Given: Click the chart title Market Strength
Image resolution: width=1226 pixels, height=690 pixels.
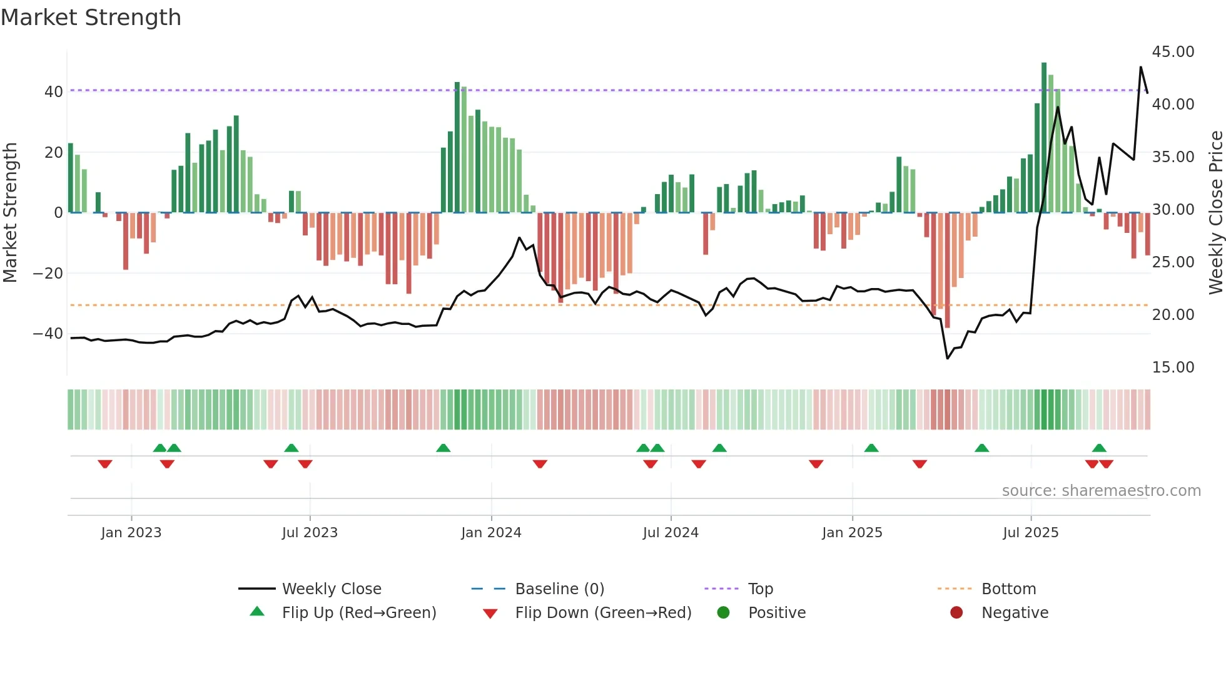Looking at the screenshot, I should click(91, 18).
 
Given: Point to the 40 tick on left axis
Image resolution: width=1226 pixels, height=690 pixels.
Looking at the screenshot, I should click(53, 92).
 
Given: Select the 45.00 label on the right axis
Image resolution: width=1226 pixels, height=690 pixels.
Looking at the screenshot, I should click(1173, 52).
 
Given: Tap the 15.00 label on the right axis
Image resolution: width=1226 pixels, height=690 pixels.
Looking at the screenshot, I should click(1173, 368).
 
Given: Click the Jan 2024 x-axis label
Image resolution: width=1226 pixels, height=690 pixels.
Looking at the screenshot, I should click(491, 533).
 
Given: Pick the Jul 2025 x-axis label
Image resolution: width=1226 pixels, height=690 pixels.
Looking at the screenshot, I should click(1030, 533).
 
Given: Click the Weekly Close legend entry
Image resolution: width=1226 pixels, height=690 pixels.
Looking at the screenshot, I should click(331, 589).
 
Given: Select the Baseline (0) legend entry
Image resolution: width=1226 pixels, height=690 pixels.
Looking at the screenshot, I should click(559, 589).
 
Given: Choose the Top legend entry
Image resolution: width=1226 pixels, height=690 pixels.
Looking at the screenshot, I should click(760, 589).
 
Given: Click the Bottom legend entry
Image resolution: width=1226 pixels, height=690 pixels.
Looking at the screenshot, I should click(1008, 589).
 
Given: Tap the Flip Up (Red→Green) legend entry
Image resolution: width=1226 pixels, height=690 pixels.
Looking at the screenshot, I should click(358, 613).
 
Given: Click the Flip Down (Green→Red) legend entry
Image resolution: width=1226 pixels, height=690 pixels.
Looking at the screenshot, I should click(603, 613).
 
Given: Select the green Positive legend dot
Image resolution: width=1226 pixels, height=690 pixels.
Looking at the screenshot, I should click(724, 613).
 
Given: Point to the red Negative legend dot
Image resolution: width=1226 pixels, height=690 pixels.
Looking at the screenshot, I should click(956, 613).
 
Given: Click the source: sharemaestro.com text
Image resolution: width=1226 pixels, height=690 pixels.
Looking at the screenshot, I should click(1101, 491).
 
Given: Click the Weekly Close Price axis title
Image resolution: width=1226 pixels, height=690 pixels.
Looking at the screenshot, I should click(1215, 213).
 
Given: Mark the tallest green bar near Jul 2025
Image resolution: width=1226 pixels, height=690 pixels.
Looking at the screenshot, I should click(1044, 138).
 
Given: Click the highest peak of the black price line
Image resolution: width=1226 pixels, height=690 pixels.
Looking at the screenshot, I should click(1140, 67).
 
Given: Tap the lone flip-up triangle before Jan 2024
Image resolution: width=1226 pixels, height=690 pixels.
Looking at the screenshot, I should click(443, 448).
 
